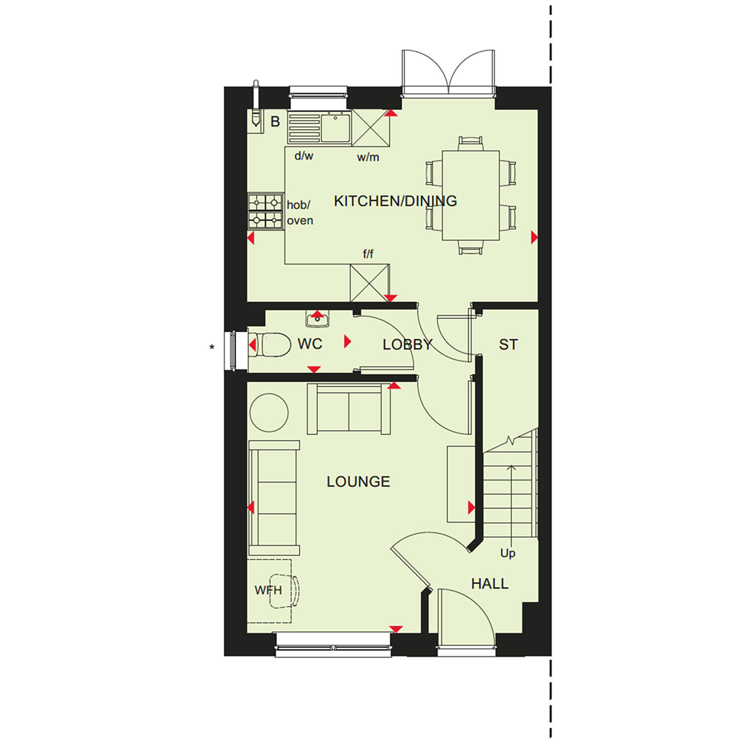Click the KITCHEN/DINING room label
click(x=396, y=201)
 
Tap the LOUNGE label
click(x=358, y=482)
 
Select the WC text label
click(x=310, y=344)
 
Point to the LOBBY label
click(x=407, y=344)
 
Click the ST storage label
click(x=508, y=344)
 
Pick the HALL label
click(x=490, y=584)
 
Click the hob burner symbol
click(x=265, y=211)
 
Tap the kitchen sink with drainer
click(x=319, y=128)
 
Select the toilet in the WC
click(x=270, y=345)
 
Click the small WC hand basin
click(x=318, y=319)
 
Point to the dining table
click(x=470, y=195)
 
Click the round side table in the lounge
click(x=269, y=413)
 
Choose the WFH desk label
click(x=268, y=590)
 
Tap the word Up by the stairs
click(x=508, y=553)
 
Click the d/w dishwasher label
click(x=304, y=156)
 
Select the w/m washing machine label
click(x=368, y=157)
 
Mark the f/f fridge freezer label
click(x=368, y=254)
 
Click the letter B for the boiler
click(x=275, y=122)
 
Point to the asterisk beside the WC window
click(x=212, y=347)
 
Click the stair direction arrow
click(x=511, y=503)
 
